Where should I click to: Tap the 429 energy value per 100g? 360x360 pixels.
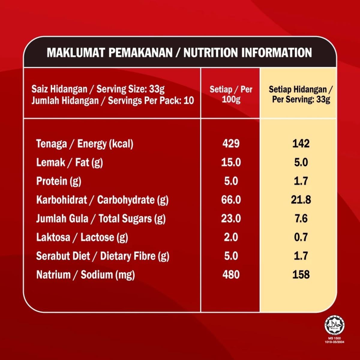click(x=231, y=143)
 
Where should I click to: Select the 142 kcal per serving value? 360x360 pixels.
click(x=301, y=143)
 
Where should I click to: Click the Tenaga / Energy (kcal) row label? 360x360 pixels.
click(x=85, y=144)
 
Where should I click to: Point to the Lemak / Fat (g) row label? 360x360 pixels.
click(x=69, y=163)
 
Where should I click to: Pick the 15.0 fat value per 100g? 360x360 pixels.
click(x=231, y=162)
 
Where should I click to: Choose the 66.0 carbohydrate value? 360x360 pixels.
click(x=231, y=200)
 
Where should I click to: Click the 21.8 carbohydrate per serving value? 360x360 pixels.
click(x=301, y=200)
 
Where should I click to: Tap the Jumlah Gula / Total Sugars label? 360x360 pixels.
click(x=101, y=219)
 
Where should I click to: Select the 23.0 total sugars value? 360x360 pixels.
click(x=231, y=218)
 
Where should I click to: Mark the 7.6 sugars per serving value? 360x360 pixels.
click(x=301, y=218)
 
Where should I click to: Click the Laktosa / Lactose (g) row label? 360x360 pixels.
click(x=82, y=237)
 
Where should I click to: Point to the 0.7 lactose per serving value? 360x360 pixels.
click(x=301, y=237)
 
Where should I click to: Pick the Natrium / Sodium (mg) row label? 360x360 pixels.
click(x=85, y=275)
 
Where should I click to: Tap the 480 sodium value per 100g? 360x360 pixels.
click(x=231, y=274)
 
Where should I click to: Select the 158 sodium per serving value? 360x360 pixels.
click(x=301, y=274)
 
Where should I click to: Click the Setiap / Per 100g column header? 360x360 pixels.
click(x=231, y=94)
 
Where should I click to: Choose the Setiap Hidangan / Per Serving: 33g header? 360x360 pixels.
click(x=301, y=94)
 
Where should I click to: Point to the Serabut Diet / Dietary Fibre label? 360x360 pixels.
click(x=103, y=256)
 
